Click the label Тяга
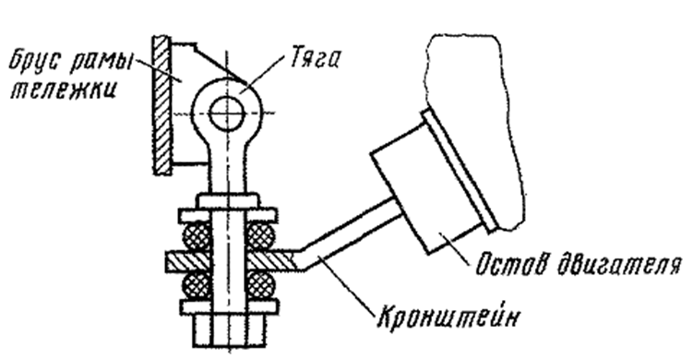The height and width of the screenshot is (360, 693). (x=315, y=58)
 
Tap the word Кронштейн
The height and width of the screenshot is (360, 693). (x=448, y=316)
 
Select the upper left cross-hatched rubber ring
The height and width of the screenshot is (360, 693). (x=197, y=235)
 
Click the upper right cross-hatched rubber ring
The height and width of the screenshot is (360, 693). (x=260, y=235)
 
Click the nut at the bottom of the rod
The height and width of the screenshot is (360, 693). (x=230, y=330)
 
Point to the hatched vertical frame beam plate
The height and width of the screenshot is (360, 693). (x=161, y=105)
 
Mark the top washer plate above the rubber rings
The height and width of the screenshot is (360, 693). (x=228, y=215)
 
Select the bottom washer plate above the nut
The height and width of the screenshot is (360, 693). (x=229, y=306)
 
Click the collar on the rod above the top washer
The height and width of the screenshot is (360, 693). (x=228, y=200)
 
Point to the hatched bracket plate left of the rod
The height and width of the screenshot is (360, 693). (x=187, y=262)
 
